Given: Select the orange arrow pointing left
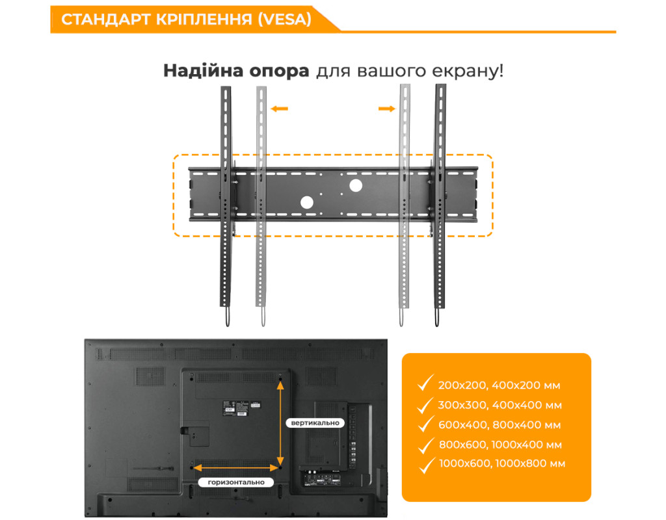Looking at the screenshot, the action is (279, 109).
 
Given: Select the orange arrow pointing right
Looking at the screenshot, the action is (386, 109).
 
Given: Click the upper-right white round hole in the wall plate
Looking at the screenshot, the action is (356, 185).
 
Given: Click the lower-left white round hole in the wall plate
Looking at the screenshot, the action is (307, 203).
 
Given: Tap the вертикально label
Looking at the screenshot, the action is (315, 422).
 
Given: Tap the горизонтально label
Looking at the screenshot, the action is (236, 482).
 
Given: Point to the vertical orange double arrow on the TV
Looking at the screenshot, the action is (280, 422).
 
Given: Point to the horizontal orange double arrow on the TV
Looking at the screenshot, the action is (236, 468).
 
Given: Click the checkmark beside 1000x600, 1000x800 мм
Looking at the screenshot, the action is (427, 465).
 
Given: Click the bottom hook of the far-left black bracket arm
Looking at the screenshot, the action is (227, 317).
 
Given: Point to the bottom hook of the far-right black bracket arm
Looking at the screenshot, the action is (436, 317).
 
